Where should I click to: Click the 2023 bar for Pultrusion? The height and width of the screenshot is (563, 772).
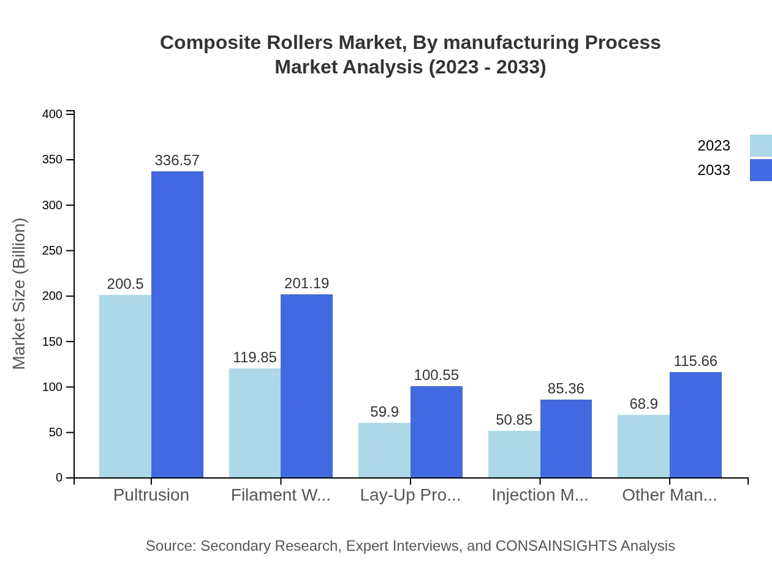[125, 386]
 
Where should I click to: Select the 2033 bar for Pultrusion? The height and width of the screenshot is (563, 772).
[177, 324]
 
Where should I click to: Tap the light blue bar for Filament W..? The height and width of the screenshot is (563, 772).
[255, 423]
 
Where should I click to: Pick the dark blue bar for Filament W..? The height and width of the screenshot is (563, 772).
[306, 386]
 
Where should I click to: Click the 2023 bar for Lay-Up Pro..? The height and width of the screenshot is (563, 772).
[384, 450]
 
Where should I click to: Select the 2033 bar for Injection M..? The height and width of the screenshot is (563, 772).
[566, 439]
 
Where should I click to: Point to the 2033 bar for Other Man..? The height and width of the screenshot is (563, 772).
[695, 425]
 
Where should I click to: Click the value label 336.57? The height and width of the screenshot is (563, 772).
[177, 160]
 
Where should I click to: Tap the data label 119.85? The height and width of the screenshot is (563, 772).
[255, 357]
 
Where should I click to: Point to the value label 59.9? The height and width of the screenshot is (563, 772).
[384, 412]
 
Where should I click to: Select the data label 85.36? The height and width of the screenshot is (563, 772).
[566, 389]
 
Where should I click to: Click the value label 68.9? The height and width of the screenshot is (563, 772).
[643, 404]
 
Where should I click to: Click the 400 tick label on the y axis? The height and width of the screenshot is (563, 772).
[52, 114]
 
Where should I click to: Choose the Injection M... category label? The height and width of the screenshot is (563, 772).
[540, 495]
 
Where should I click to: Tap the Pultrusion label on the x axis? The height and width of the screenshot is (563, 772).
[151, 495]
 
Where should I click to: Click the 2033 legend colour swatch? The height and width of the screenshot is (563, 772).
[760, 170]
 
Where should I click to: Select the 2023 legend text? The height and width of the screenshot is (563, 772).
[714, 146]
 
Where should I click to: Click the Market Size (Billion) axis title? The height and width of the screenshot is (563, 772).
[20, 294]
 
